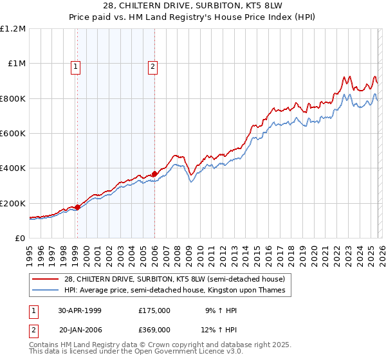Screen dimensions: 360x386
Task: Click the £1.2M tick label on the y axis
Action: pos(13,29)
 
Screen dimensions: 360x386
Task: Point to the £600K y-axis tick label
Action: pos(13,134)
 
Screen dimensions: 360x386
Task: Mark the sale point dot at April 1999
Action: pos(78,207)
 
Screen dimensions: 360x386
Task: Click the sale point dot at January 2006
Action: pos(154,174)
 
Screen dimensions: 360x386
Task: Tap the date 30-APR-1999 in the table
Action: pos(80,310)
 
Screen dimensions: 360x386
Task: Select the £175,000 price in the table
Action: pos(154,310)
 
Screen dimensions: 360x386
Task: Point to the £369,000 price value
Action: pos(154,330)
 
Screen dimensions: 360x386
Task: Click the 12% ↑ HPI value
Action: pos(221,330)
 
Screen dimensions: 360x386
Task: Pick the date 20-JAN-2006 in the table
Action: pos(80,330)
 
